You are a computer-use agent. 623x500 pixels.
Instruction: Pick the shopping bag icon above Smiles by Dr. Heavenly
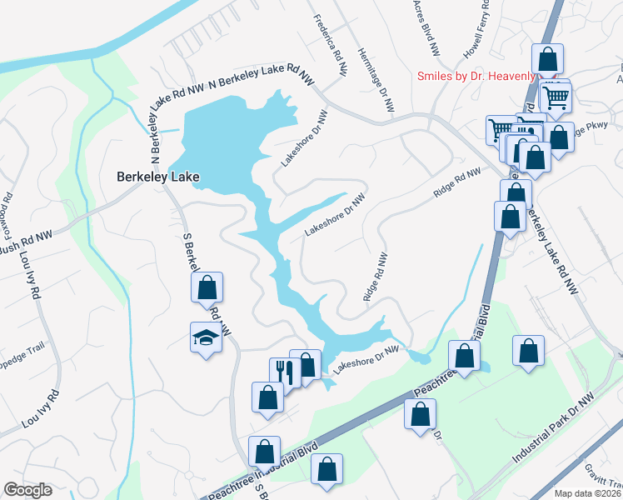[547, 59]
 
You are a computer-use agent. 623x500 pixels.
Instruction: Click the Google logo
[27, 490]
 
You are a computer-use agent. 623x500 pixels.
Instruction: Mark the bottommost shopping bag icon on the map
[327, 469]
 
